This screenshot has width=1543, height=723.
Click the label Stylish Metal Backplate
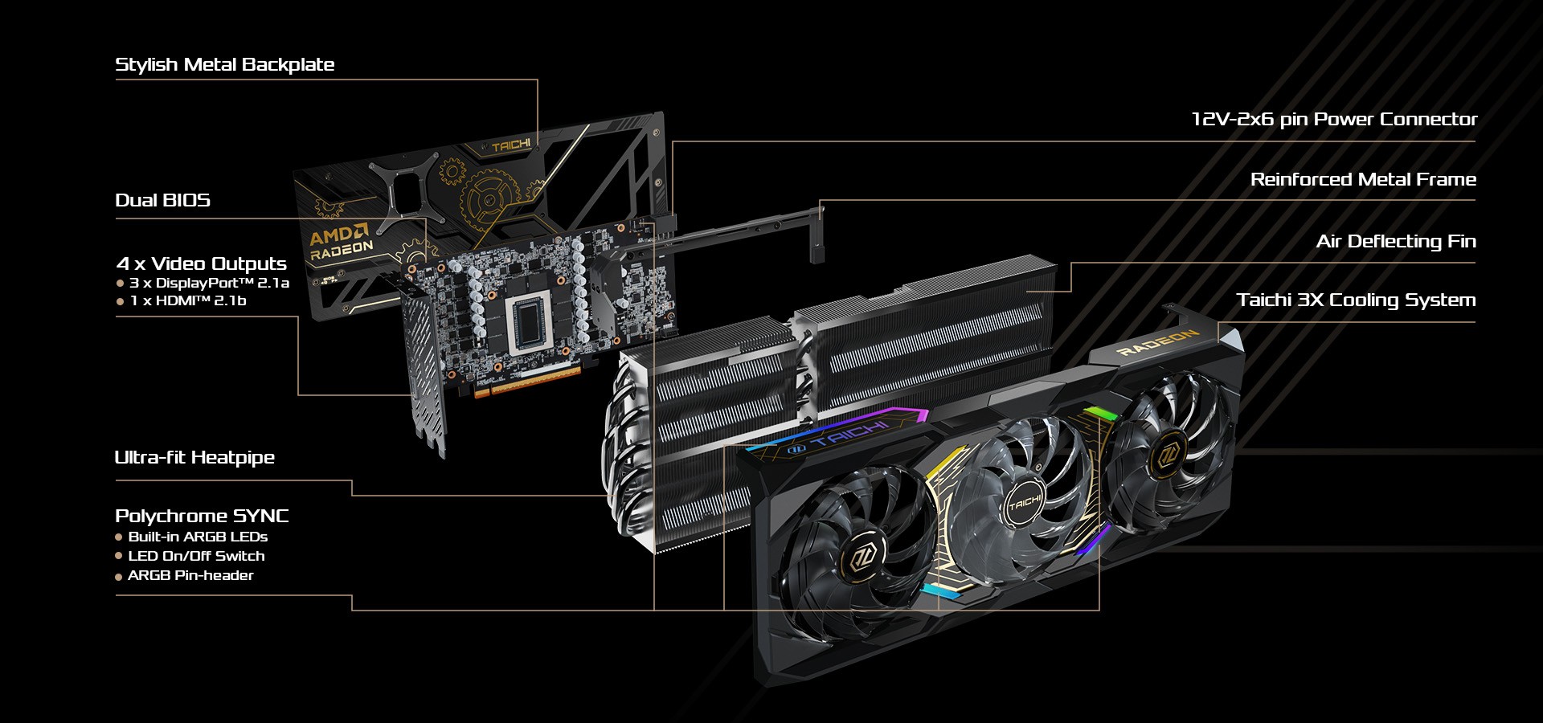[x=224, y=65]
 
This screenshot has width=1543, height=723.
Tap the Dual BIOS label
[x=162, y=201]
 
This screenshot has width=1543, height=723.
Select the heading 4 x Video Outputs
[x=201, y=263]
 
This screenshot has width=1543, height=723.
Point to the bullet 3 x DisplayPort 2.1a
[x=208, y=283]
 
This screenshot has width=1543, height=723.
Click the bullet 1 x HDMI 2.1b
[x=187, y=300]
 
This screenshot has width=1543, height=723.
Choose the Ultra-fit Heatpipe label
[x=194, y=458]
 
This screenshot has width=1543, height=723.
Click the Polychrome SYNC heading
[x=202, y=516]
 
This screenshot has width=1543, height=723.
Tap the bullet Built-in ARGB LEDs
[x=197, y=537]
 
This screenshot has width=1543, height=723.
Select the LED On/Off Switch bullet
[x=195, y=556]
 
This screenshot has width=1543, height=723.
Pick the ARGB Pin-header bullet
[x=190, y=575]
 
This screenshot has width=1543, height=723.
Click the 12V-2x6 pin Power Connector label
[x=1333, y=120]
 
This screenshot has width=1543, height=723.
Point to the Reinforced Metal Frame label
[x=1363, y=180]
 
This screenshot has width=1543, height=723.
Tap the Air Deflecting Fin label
[x=1395, y=242]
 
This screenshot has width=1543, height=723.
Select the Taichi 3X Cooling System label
[x=1356, y=300]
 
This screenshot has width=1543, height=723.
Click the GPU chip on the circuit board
[x=528, y=323]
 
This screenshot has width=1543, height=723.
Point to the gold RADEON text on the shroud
[x=1158, y=342]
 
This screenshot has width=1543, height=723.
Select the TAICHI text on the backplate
[x=511, y=145]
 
